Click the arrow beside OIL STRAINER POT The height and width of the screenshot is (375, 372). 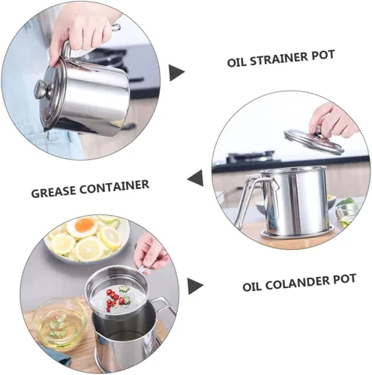(x=176, y=73)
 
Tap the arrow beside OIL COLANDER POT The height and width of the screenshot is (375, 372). (x=195, y=286)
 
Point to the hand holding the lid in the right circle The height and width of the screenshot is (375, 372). (x=334, y=118)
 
